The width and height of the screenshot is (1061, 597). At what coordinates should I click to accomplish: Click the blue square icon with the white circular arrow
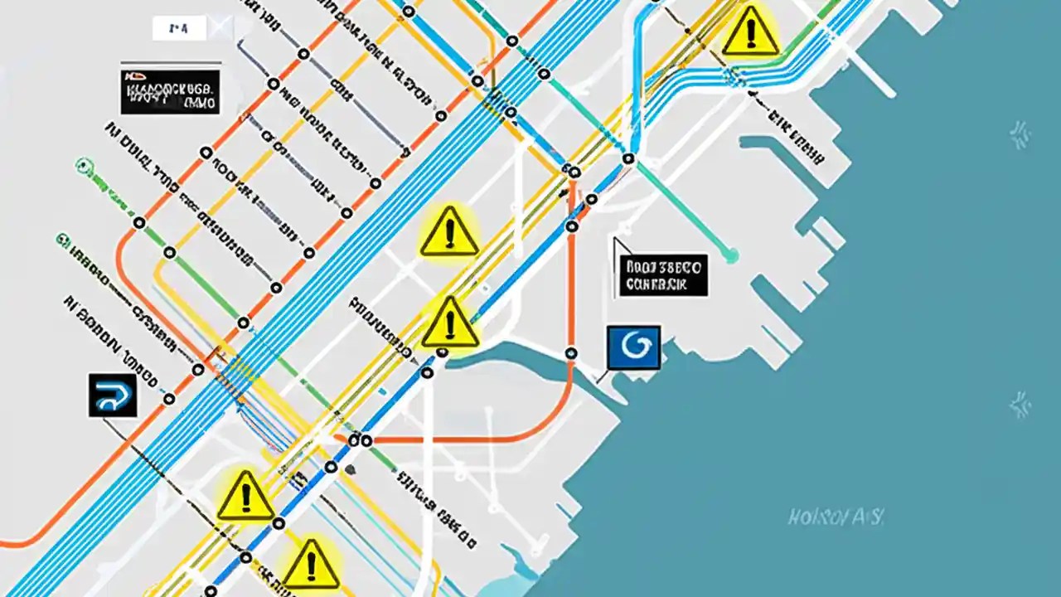[634, 347]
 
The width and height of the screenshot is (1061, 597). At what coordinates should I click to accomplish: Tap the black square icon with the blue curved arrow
[113, 396]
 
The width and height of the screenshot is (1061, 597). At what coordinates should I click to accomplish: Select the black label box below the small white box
[170, 91]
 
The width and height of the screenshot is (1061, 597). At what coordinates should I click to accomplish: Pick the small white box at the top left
[178, 29]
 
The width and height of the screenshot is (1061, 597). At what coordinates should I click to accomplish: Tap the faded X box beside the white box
[220, 29]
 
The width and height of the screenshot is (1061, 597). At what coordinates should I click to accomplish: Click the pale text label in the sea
[835, 518]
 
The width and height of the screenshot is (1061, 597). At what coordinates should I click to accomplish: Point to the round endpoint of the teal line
[730, 256]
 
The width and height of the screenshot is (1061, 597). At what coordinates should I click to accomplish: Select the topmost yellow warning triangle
[750, 32]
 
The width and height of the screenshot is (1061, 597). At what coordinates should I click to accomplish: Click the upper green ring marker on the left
[82, 165]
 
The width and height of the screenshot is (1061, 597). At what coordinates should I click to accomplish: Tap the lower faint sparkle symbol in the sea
[1019, 405]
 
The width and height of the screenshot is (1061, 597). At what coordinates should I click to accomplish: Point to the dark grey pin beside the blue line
[351, 469]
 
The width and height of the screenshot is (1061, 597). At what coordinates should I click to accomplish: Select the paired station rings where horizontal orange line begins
[361, 441]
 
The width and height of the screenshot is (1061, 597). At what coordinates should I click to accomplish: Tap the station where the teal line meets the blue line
[628, 158]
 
